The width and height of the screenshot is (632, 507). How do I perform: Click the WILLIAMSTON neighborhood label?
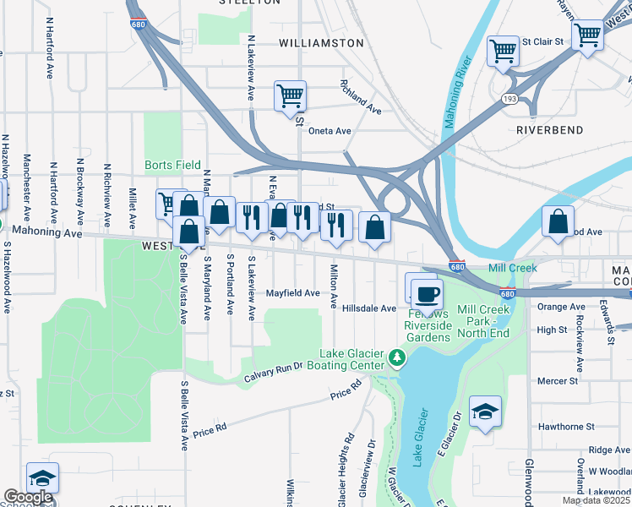pyautogui.click(x=321, y=42)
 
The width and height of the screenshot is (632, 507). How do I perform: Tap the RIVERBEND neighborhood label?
pyautogui.click(x=549, y=130)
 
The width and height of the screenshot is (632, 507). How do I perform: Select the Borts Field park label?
pyautogui.click(x=172, y=165)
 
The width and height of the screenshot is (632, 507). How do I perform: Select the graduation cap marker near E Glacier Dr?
pyautogui.click(x=485, y=412)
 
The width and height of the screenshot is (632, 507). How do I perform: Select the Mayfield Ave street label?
pyautogui.click(x=293, y=293)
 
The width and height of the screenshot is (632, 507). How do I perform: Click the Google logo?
pyautogui.click(x=28, y=498)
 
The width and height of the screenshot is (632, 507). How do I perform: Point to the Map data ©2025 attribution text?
pyautogui.click(x=596, y=500)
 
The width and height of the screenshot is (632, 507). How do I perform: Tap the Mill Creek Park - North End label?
pyautogui.click(x=483, y=321)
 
